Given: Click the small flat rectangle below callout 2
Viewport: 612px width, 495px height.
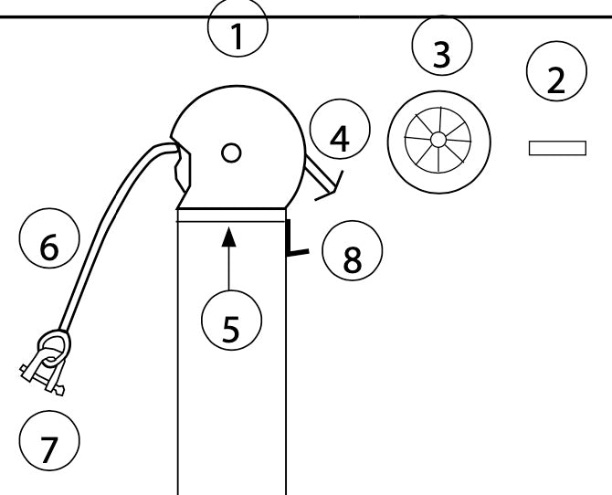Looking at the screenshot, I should pos(557,148).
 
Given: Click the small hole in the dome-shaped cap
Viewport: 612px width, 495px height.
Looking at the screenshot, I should pos(232,153).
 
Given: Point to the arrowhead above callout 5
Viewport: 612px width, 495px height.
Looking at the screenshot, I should pos(228,237).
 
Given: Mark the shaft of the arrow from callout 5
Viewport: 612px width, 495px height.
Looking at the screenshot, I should pos(228,269).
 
